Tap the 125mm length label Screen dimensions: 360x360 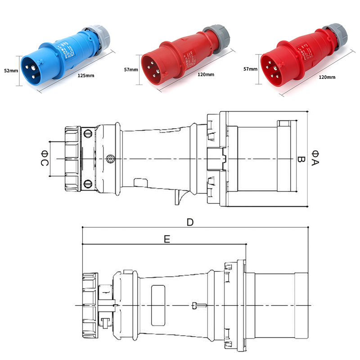pos(86,75)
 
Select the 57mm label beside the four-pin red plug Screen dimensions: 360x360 pos(130,70)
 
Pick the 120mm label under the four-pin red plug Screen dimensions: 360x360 pos(206,74)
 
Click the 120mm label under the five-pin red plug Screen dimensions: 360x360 pos(327,77)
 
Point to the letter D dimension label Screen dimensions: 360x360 pos(190,222)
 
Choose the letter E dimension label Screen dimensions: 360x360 pos(166,240)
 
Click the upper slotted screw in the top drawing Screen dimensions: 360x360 pos(88,133)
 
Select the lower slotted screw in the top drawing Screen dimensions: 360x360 pos(88,184)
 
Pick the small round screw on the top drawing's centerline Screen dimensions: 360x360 pos(110,159)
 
